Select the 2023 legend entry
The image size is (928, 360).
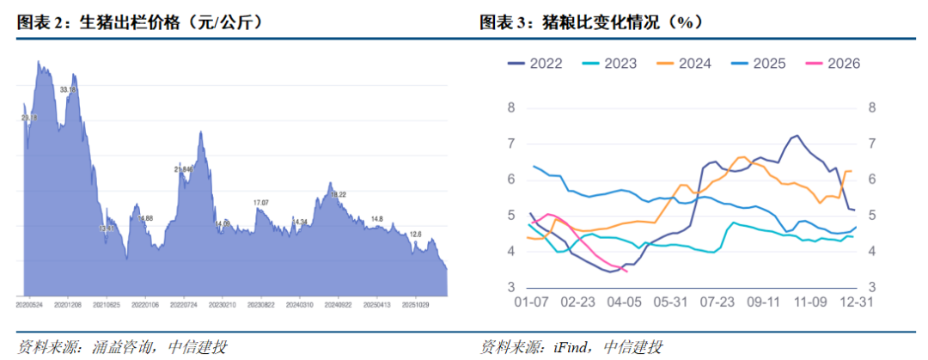point(619,64)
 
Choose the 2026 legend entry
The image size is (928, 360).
point(843,64)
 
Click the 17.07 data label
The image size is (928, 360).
point(261,202)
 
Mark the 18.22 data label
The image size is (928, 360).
point(338,195)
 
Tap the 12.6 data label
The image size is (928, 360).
point(415,234)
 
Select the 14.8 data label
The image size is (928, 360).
point(377,219)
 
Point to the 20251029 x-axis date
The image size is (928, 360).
point(416,304)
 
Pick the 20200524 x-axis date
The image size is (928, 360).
point(31,304)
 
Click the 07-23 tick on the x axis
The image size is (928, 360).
point(717,302)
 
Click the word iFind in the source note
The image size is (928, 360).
point(571,347)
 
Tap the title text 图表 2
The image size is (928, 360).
point(40,23)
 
